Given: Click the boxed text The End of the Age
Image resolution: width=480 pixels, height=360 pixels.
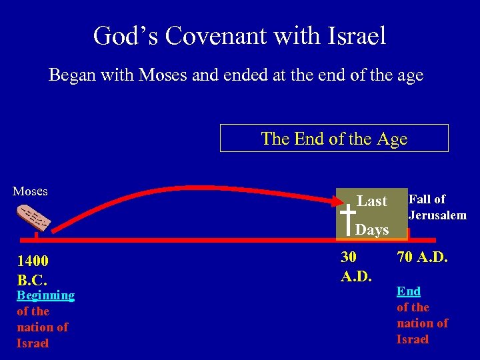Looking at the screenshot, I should [x=334, y=139].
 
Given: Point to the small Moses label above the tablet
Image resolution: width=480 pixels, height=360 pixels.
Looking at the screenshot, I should [x=30, y=191].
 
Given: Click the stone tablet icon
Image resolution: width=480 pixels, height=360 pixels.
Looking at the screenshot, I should [x=33, y=218].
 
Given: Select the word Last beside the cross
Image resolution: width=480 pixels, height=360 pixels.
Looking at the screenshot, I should [x=372, y=201].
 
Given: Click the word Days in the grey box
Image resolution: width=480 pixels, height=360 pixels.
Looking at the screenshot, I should [x=372, y=230].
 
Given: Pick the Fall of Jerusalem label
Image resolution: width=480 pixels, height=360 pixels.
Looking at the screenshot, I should [x=437, y=207].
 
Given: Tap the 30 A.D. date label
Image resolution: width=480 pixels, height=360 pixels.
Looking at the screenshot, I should [x=356, y=265].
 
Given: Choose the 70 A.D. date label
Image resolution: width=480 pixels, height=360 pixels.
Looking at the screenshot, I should [x=423, y=257].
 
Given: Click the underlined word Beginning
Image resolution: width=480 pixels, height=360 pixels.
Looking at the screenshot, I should [x=45, y=295].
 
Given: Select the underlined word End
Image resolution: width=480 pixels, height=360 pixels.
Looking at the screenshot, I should [x=409, y=291].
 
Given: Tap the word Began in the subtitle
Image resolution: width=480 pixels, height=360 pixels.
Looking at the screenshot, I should [x=70, y=76].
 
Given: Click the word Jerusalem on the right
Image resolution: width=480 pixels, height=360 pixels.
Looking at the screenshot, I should [x=437, y=215].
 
